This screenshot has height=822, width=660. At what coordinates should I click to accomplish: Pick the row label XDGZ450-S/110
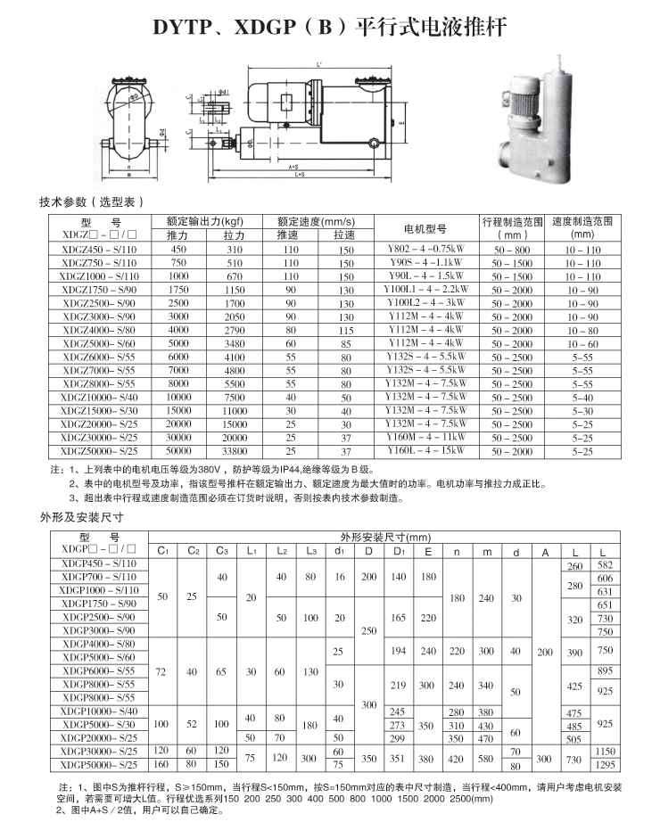pyautogui.click(x=99, y=250)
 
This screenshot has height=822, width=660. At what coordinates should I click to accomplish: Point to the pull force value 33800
pyautogui.click(x=235, y=452)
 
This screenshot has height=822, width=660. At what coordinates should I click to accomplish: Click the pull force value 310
pyautogui.click(x=235, y=251)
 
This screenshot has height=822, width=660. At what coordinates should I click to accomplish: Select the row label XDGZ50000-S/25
pyautogui.click(x=99, y=451)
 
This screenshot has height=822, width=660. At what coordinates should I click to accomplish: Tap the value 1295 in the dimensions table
pyautogui.click(x=606, y=766)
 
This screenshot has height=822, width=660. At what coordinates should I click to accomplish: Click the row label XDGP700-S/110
pyautogui.click(x=99, y=577)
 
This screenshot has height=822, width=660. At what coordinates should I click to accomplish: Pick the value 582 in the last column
pyautogui.click(x=606, y=565)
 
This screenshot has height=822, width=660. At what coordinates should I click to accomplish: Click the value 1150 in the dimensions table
pyautogui.click(x=606, y=752)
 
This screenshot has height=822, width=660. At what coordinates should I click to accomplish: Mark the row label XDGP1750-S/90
pyautogui.click(x=99, y=604)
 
